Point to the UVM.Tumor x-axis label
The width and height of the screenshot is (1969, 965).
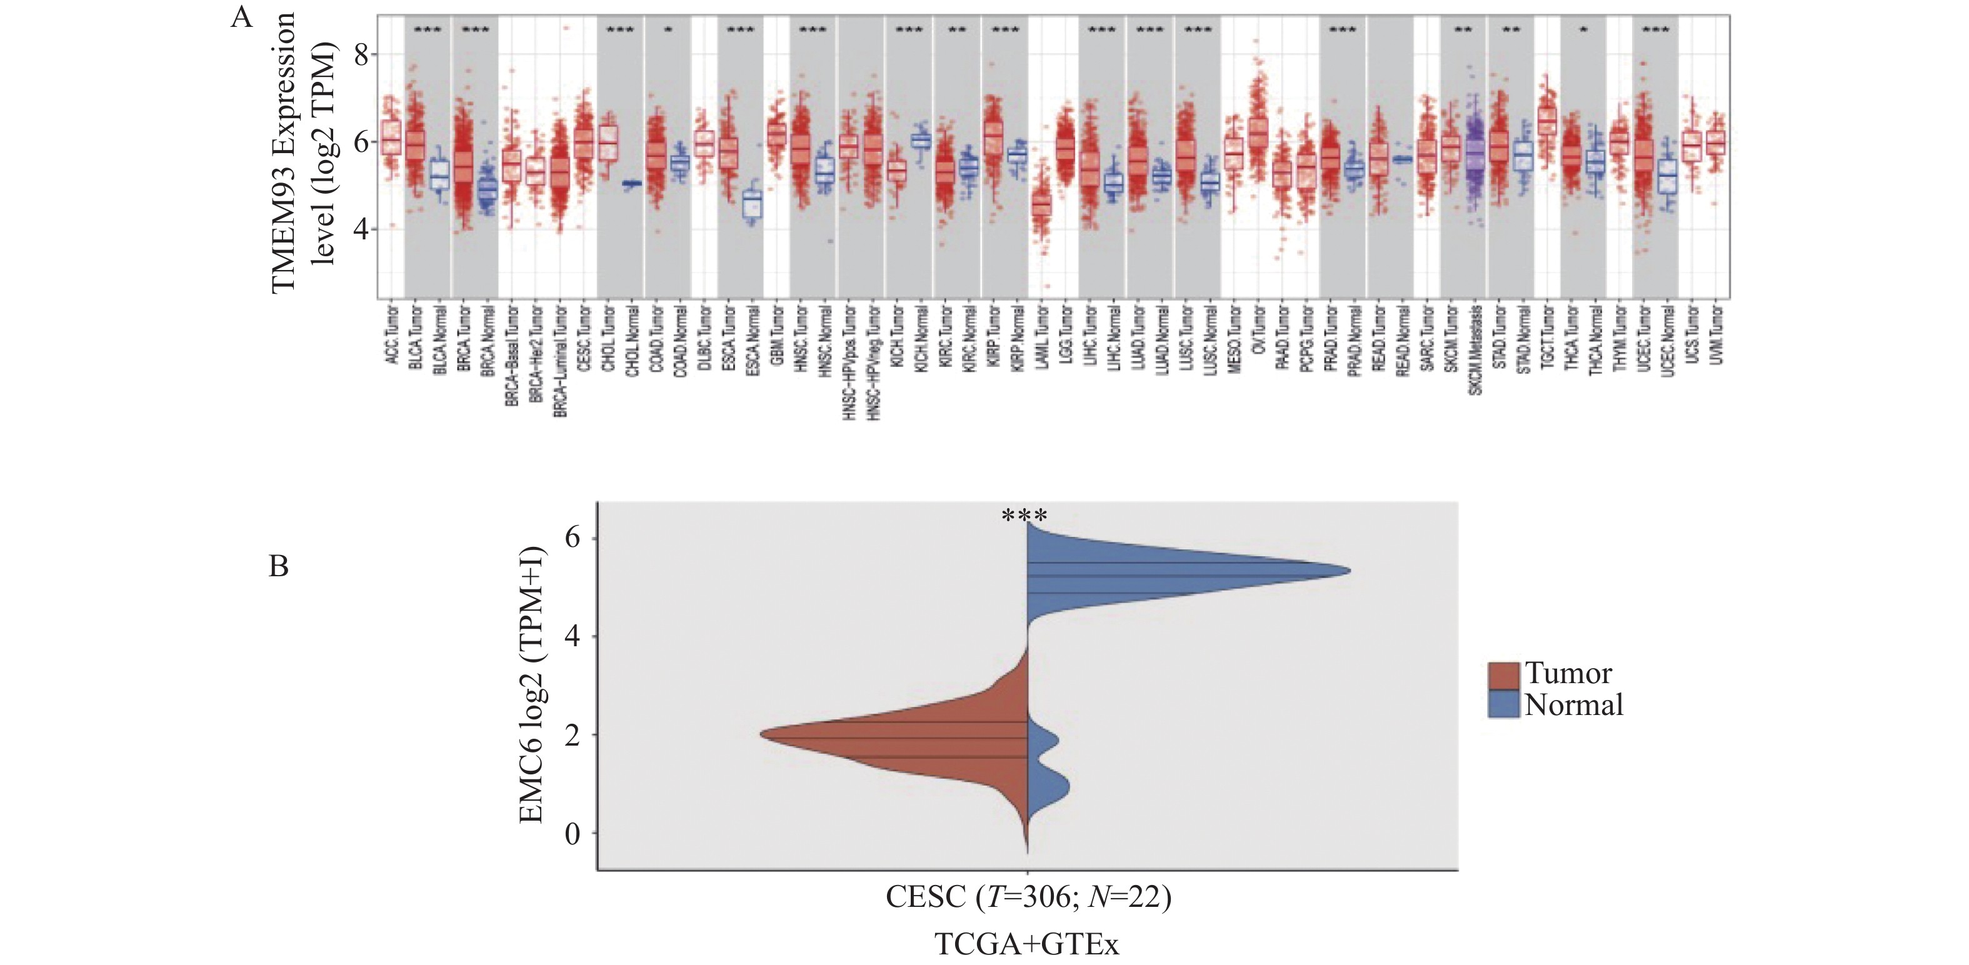point(1716,336)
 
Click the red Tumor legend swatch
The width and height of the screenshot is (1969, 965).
point(1503,676)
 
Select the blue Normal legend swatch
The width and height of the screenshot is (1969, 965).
point(1503,704)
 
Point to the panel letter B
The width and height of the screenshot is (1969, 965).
point(279,566)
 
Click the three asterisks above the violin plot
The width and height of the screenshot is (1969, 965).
point(1025,516)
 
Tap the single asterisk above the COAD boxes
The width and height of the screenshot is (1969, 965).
point(668,31)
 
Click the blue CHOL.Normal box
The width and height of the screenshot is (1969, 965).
point(632,183)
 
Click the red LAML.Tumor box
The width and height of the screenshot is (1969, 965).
point(1041,206)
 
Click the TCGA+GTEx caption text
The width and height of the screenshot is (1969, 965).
point(1026,944)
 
